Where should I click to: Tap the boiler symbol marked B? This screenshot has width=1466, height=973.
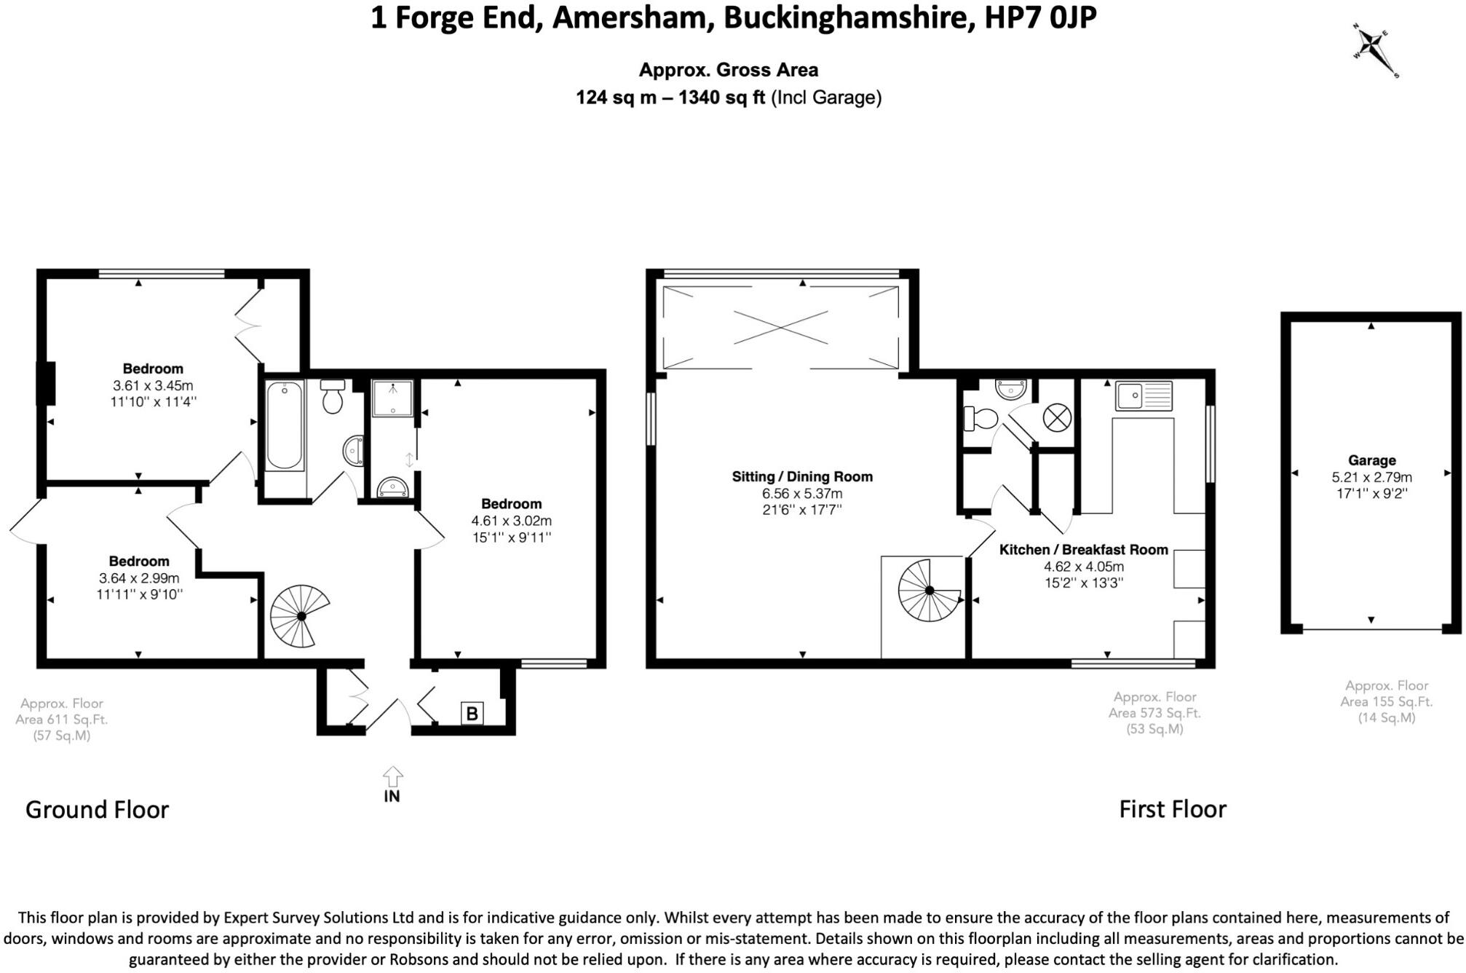point(472,713)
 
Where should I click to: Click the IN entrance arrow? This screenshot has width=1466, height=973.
point(392,779)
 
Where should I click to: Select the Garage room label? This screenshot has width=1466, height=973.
point(1371,460)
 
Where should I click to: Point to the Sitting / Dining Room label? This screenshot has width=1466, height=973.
point(802,477)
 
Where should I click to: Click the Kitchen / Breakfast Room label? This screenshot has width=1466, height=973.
point(1083,550)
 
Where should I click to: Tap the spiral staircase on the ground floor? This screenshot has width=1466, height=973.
point(299,616)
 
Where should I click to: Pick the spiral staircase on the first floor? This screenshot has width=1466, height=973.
point(930,590)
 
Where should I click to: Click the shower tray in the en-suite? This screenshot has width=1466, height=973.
point(393,398)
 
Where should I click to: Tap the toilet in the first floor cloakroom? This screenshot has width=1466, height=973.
point(981,419)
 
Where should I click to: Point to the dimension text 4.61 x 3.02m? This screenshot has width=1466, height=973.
point(511,521)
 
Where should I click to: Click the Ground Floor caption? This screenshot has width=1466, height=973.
point(97,809)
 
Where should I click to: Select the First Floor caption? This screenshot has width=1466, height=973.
point(1172,808)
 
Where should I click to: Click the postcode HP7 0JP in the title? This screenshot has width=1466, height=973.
point(1040,17)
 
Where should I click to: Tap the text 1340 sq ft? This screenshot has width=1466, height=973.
point(721,97)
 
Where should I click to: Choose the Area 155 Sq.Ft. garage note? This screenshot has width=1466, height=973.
point(1386,701)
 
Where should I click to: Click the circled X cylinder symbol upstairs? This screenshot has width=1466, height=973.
point(1057,418)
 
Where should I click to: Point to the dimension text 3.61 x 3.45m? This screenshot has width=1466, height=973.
point(153,385)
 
